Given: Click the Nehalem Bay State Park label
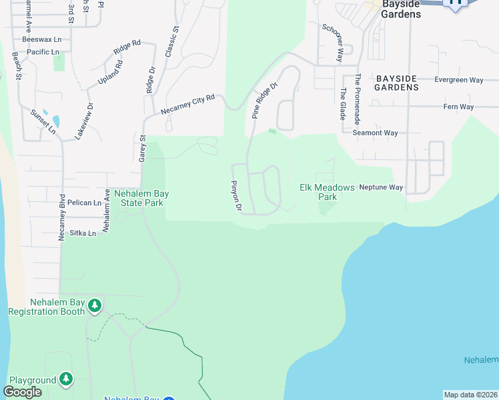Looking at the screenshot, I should pyautogui.click(x=141, y=198).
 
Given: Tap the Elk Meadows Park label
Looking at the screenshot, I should pyautogui.click(x=327, y=192).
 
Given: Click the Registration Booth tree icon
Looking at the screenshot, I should pyautogui.click(x=95, y=305).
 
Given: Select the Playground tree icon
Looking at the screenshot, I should pyautogui.click(x=65, y=379).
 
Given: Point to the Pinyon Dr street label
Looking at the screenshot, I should pyautogui.click(x=235, y=195).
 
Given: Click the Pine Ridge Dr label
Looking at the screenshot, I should pyautogui.click(x=264, y=101).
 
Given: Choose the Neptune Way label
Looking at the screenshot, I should pyautogui.click(x=381, y=187).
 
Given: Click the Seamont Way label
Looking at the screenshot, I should pyautogui.click(x=375, y=133).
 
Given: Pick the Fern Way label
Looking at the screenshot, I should pyautogui.click(x=458, y=107).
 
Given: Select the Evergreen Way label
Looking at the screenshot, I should pyautogui.click(x=458, y=80).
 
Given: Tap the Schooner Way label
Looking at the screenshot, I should pyautogui.click(x=332, y=43).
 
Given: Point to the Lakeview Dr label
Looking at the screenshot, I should pyautogui.click(x=89, y=118).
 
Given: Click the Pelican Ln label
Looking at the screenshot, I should pyautogui.click(x=88, y=202).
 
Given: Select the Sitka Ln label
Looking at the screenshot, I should pyautogui.click(x=83, y=233).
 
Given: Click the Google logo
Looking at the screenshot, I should pyautogui.click(x=22, y=392).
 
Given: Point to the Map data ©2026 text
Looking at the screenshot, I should pyautogui.click(x=470, y=395).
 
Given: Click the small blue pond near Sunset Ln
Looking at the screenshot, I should pyautogui.click(x=55, y=122).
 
